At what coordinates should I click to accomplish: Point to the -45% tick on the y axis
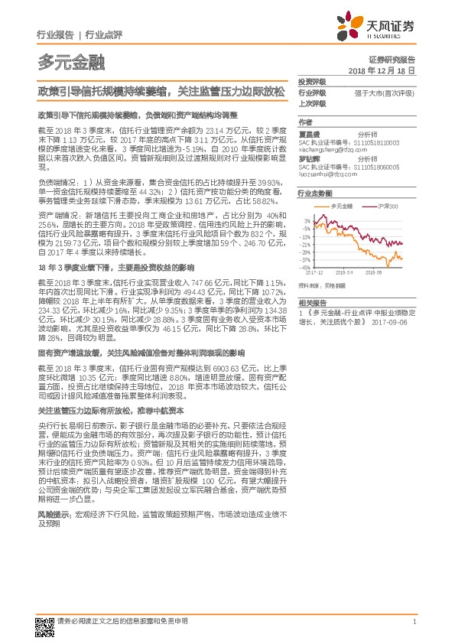[307, 268]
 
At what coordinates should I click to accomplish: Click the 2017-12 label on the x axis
[315, 271]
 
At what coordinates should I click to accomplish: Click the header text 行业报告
[55, 34]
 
